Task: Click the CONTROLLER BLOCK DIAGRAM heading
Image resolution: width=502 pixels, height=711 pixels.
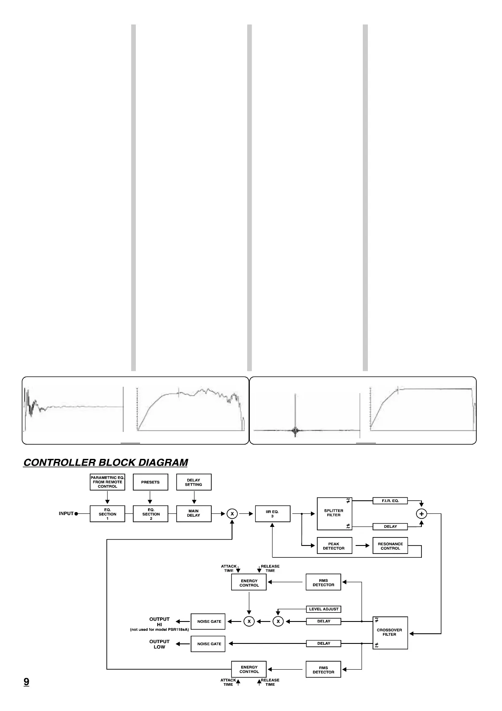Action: pyautogui.click(x=105, y=462)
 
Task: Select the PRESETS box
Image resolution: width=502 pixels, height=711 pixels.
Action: pyautogui.click(x=151, y=482)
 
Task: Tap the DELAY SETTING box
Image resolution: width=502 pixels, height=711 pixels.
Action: pyautogui.click(x=194, y=482)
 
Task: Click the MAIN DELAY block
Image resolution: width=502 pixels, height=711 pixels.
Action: pyautogui.click(x=194, y=513)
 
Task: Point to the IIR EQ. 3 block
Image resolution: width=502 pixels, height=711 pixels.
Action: pyautogui.click(x=273, y=513)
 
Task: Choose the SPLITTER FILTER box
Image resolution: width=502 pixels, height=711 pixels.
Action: pyautogui.click(x=334, y=513)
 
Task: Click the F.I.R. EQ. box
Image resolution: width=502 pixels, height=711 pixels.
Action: pyautogui.click(x=390, y=501)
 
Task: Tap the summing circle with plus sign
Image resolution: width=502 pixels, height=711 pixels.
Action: pyautogui.click(x=421, y=514)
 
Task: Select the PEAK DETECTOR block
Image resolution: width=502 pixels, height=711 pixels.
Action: pyautogui.click(x=334, y=546)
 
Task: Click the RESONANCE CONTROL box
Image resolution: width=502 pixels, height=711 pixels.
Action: pyautogui.click(x=390, y=546)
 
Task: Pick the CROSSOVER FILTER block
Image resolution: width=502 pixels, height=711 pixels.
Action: pyautogui.click(x=390, y=632)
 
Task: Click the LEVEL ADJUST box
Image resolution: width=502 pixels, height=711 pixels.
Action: pyautogui.click(x=324, y=609)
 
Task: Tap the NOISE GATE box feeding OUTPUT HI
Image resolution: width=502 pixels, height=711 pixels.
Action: pyautogui.click(x=208, y=621)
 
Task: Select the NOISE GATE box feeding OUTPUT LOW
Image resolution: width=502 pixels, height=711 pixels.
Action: pyautogui.click(x=208, y=644)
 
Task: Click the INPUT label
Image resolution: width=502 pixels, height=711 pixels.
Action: pyautogui.click(x=66, y=513)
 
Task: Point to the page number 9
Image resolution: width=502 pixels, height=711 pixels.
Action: pyautogui.click(x=26, y=681)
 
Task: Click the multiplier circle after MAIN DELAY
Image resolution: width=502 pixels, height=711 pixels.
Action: pyautogui.click(x=232, y=514)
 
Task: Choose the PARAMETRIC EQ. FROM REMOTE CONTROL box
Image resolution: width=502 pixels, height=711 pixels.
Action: pyautogui.click(x=108, y=482)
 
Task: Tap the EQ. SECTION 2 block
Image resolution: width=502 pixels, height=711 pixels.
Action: pyautogui.click(x=151, y=513)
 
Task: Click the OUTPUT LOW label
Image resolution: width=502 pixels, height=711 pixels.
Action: pyautogui.click(x=159, y=644)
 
